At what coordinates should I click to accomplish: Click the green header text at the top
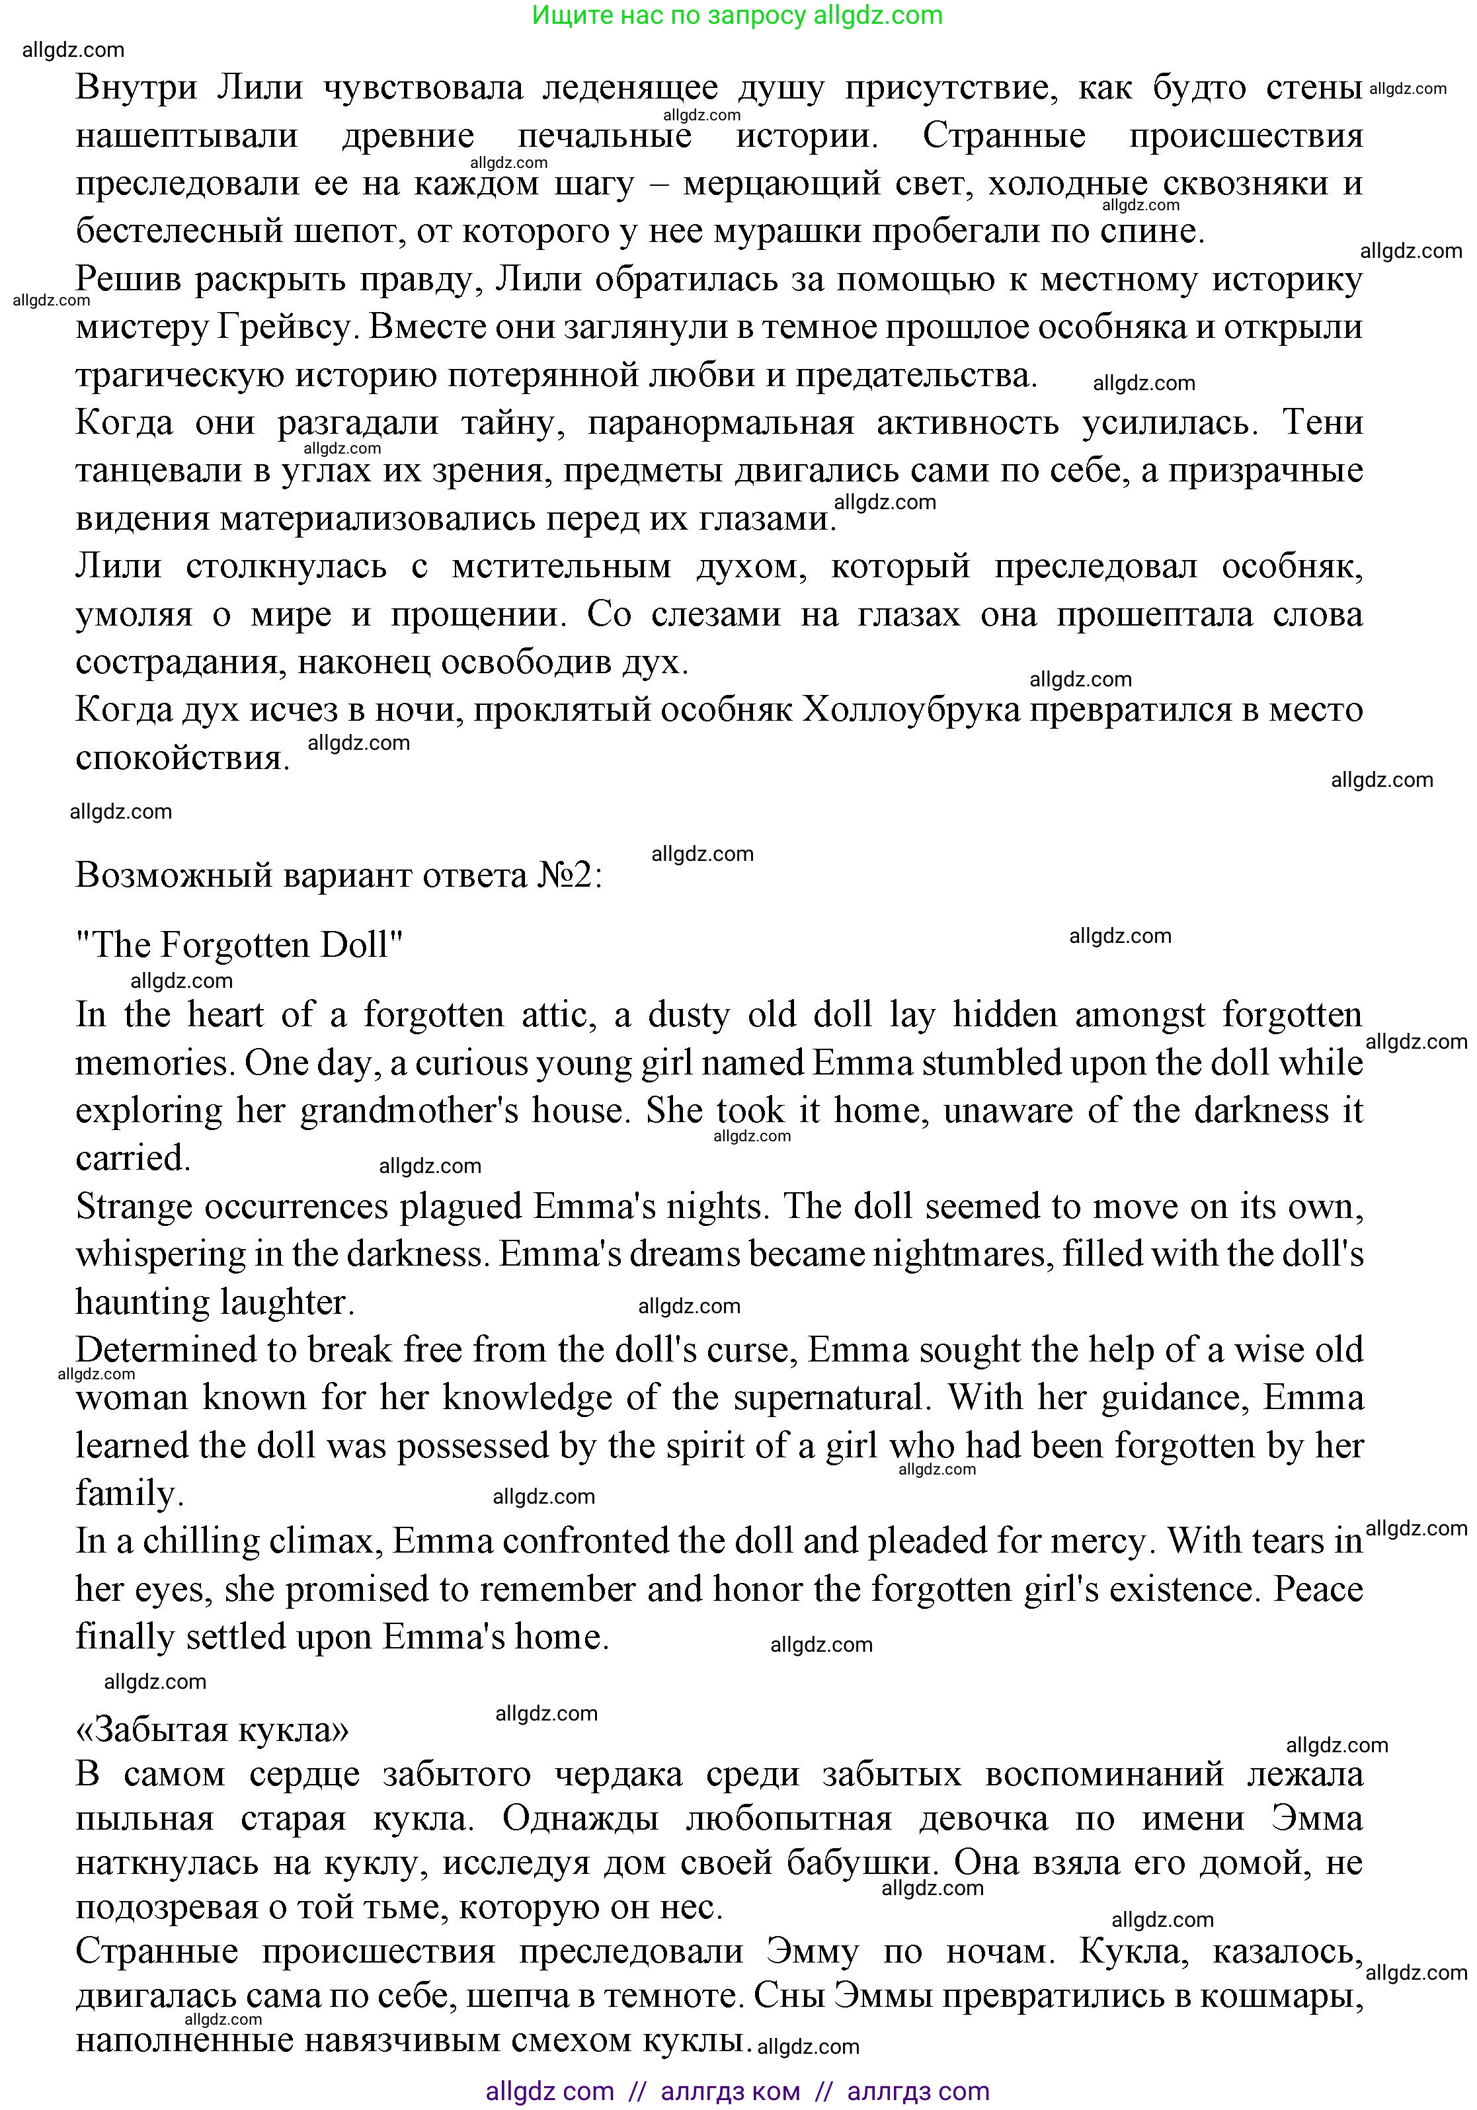tap(737, 16)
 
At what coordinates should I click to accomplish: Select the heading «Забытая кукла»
tap(212, 1728)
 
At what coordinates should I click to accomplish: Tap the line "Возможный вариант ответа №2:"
tap(339, 875)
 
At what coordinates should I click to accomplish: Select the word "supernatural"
tap(827, 1397)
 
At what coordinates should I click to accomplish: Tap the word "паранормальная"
tap(721, 423)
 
